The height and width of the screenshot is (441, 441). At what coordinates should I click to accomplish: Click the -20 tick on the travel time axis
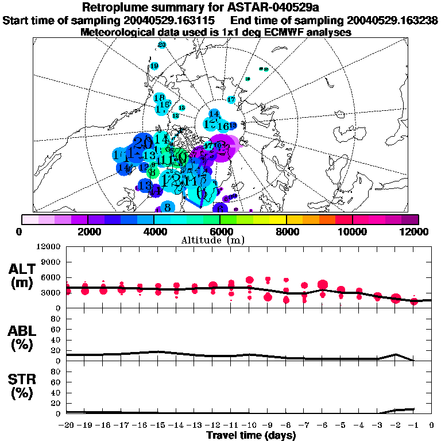tap(67, 425)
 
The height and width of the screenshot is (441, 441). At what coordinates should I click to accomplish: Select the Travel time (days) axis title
tap(251, 436)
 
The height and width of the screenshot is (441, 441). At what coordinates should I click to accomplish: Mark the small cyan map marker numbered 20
tap(161, 45)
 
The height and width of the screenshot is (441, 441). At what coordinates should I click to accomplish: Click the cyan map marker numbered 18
tap(159, 98)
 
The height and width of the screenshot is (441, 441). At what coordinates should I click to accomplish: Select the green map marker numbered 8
tap(152, 172)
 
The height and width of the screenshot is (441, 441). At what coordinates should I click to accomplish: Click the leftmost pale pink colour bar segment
tap(30, 219)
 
